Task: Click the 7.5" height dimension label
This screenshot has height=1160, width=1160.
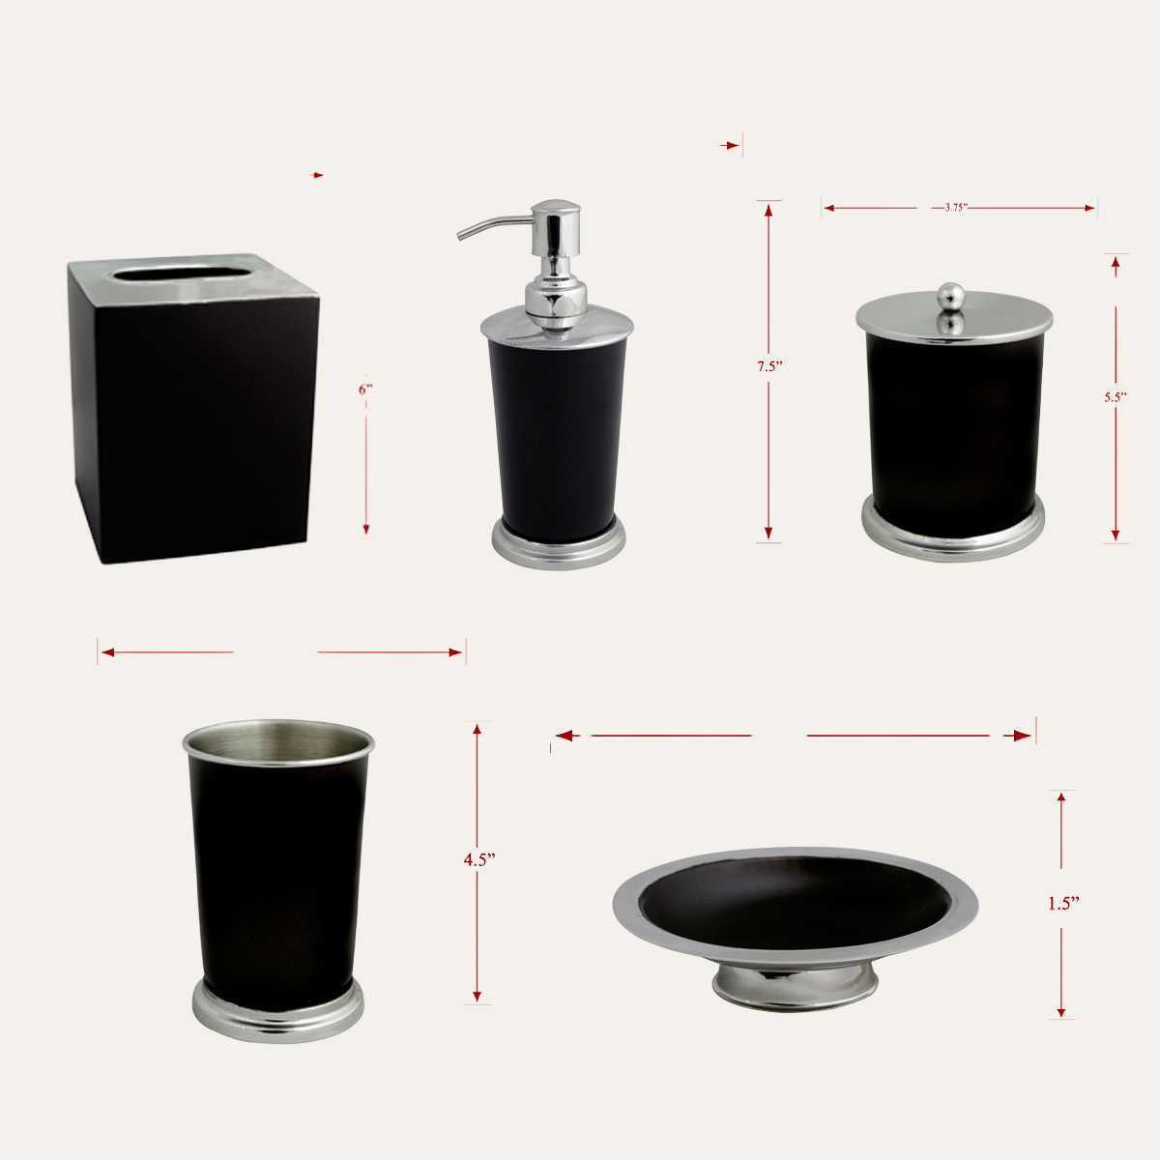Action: (x=769, y=366)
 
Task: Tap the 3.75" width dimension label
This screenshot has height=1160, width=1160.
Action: (x=956, y=208)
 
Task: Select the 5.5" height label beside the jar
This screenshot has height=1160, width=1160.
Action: (x=1115, y=397)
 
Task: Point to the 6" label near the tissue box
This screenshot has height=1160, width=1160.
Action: (x=365, y=390)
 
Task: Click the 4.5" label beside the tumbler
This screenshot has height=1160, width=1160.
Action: (x=478, y=860)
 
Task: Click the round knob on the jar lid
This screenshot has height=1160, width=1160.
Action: (x=951, y=295)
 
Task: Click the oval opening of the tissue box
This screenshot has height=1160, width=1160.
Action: (x=182, y=274)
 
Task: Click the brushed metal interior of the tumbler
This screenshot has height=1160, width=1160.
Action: (x=278, y=741)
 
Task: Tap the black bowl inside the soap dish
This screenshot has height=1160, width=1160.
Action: (x=795, y=902)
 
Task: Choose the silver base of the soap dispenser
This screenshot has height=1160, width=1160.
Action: (x=558, y=544)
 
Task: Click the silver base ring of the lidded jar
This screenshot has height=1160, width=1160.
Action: (x=952, y=531)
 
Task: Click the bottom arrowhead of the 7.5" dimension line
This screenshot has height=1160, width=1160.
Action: (x=768, y=533)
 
